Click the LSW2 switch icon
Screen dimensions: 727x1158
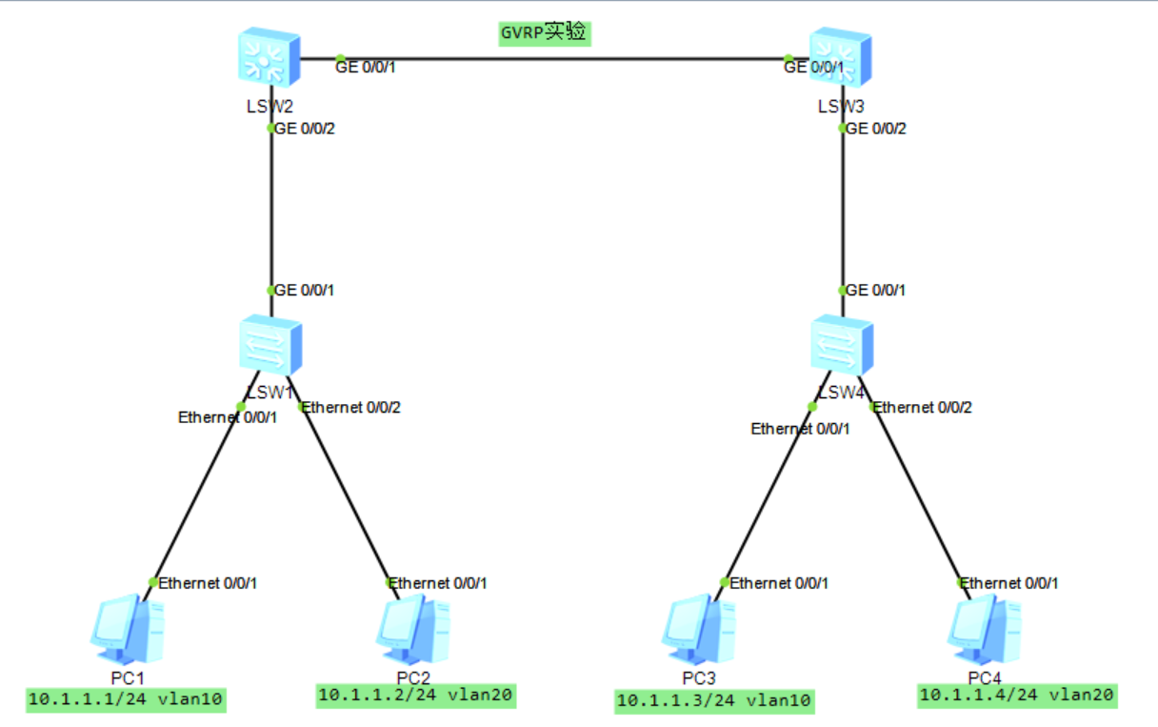point(270,60)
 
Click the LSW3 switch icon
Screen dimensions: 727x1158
point(841,60)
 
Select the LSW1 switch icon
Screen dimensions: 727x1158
point(270,346)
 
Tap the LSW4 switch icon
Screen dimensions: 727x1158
point(842,346)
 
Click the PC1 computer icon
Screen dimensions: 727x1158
point(128,629)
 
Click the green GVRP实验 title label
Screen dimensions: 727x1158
point(545,33)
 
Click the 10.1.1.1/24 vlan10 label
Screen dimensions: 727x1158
point(126,700)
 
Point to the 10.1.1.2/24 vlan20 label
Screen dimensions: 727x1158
point(416,696)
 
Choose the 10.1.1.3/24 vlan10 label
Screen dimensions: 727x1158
point(714,701)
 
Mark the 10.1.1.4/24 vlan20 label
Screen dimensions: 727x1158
point(1016,696)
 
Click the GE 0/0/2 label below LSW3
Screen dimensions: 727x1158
point(876,129)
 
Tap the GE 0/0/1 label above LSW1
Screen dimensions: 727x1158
point(305,290)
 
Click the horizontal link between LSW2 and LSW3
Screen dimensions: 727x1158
point(562,59)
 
